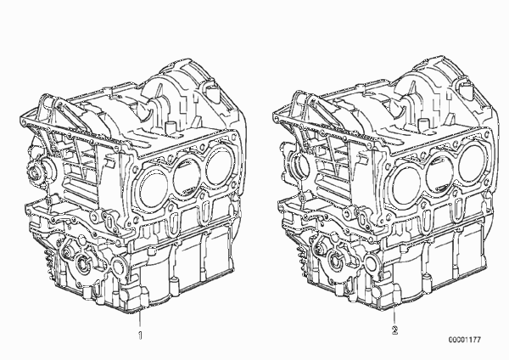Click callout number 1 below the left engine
(x=140, y=335)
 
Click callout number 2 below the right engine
(x=394, y=330)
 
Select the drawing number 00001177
(x=465, y=340)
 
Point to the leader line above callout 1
(x=140, y=320)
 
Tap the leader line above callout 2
(x=394, y=317)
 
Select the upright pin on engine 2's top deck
(x=423, y=124)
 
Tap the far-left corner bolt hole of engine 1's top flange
(x=23, y=122)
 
